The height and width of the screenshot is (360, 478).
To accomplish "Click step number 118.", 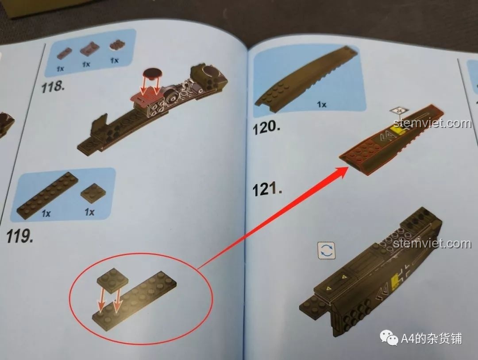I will click(53, 87).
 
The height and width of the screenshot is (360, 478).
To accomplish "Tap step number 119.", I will click(19, 236).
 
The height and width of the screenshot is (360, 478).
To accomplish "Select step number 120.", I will click(266, 128).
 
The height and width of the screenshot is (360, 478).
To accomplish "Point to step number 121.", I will click(267, 190).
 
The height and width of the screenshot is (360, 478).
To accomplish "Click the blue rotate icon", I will click(327, 251).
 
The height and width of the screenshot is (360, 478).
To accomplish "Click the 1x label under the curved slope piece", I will click(321, 105).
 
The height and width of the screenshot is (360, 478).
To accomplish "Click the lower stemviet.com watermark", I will click(432, 243).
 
